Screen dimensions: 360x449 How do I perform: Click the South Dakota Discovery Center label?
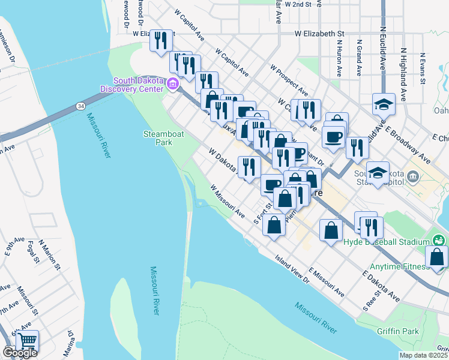pos(137,85)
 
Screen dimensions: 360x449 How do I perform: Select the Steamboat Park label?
pos(158,138)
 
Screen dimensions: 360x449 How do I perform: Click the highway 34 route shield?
pos(80,106)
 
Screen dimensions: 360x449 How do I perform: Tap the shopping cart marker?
pos(27,341)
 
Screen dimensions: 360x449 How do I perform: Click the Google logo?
pos(20,353)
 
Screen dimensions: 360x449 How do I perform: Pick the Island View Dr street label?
pos(292,271)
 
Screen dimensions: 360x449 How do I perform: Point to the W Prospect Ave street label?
pos(289,81)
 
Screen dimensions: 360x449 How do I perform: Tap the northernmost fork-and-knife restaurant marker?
pos(160,41)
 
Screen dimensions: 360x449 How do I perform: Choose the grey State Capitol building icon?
pos(412,176)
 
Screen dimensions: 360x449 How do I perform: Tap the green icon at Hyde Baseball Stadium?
pos(439,240)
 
